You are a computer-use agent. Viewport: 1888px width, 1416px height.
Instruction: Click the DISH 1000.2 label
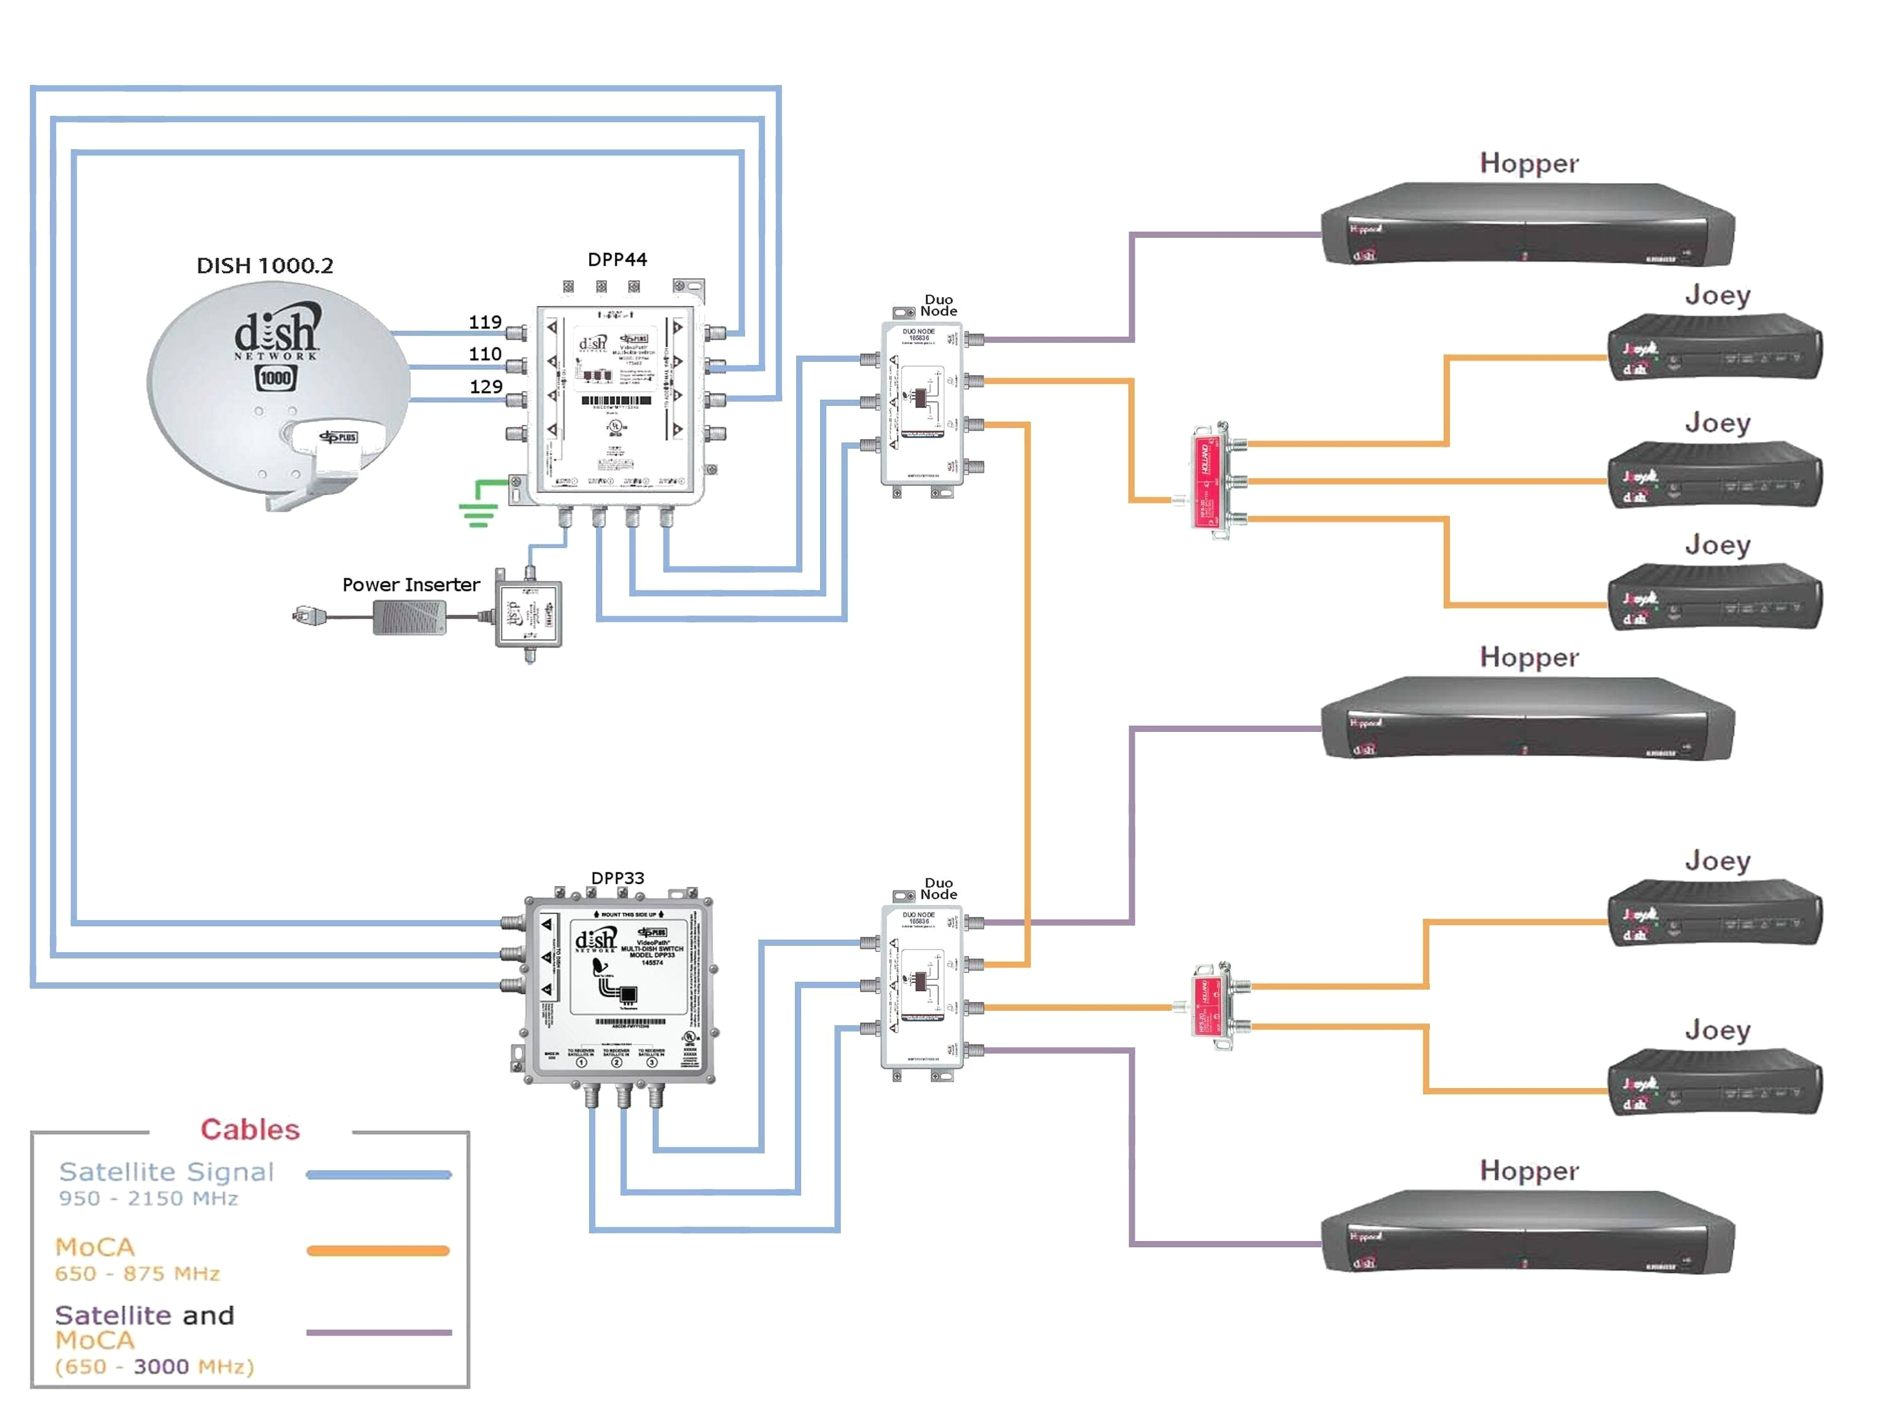[264, 266]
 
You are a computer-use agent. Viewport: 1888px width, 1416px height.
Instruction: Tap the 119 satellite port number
[485, 322]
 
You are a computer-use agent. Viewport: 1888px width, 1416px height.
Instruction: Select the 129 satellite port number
[486, 386]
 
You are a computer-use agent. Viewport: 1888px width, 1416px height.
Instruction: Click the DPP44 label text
[617, 259]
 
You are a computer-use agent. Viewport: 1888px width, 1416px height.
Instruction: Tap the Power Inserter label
[410, 585]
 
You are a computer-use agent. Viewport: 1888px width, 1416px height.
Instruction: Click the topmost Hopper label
[1529, 163]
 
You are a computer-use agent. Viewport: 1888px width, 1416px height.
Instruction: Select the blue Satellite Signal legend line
[378, 1174]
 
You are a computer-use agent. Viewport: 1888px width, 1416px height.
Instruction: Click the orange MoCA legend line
[378, 1250]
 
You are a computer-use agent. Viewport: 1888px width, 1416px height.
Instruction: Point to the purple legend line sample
[378, 1332]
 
